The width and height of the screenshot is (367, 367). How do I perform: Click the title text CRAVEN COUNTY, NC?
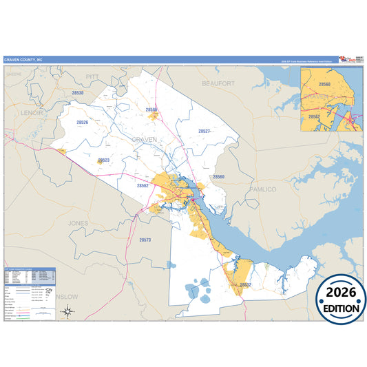[x=23, y=59]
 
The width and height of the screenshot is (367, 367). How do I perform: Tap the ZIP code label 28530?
[x=78, y=92]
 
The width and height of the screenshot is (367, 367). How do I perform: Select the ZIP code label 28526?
[x=83, y=122]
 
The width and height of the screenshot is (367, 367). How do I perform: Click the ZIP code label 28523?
[x=104, y=160]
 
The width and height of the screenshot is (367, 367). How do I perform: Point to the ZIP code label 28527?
[x=204, y=130]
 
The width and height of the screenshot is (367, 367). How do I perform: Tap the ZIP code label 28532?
[x=245, y=284]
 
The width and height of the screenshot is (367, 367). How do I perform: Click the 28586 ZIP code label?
[x=151, y=109]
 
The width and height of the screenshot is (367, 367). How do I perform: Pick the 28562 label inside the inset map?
[x=314, y=117]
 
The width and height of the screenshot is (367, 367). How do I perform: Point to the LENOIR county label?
[x=32, y=112]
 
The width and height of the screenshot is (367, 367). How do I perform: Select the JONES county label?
[x=78, y=224]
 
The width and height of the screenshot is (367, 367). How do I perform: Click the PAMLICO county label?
[x=262, y=189]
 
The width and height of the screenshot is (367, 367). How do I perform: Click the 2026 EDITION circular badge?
[x=342, y=301]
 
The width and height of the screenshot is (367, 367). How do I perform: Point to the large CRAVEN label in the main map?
[x=144, y=140]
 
